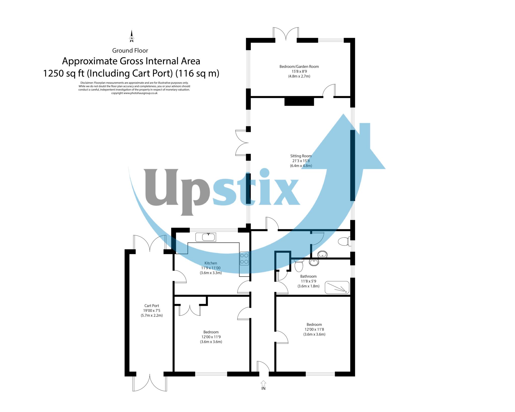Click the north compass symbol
click(131, 37)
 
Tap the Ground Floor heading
click(130, 51)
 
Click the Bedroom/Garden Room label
click(299, 67)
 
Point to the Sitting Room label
click(301, 156)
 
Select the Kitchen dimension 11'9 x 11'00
click(211, 268)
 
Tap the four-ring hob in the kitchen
click(244, 258)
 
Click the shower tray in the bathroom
click(337, 287)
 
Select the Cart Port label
click(152, 306)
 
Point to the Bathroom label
click(308, 276)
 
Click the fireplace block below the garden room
click(299, 102)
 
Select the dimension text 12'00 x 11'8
click(314, 329)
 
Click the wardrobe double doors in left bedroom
click(190, 310)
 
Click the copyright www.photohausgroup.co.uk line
click(134, 93)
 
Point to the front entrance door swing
click(263, 367)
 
